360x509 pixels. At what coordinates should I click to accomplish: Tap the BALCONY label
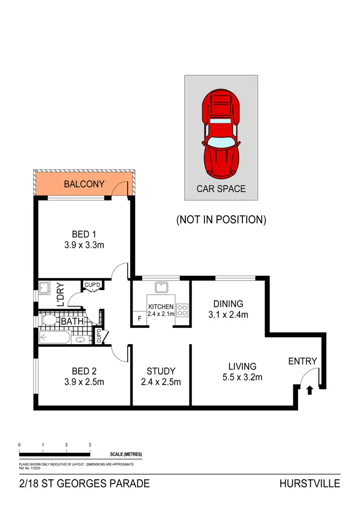tap(84, 184)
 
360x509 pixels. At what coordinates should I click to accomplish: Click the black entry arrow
tap(309, 390)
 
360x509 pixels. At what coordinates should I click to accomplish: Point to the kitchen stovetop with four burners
tap(182, 310)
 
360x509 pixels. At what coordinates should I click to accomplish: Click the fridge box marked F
tap(139, 318)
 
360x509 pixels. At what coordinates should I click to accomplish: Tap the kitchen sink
tap(161, 288)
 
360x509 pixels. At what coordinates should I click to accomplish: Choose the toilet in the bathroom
tap(49, 320)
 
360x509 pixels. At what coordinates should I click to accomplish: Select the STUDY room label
tap(161, 371)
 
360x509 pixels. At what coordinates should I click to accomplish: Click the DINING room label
tap(228, 303)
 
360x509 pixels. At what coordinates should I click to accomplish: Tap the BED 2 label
tap(84, 371)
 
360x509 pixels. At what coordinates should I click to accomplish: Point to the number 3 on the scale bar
tap(90, 445)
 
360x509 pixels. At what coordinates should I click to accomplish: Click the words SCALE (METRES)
tap(126, 454)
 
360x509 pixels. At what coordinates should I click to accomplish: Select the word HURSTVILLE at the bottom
tap(310, 484)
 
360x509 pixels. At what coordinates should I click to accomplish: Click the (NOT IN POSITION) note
tap(221, 220)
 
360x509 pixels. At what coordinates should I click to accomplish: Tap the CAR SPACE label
tap(221, 189)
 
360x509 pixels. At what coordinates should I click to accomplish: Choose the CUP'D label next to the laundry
tap(92, 285)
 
